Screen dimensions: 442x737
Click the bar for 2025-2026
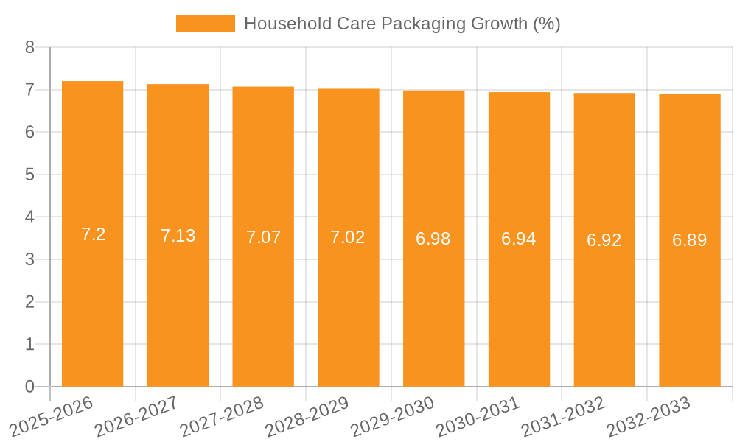(x=92, y=295)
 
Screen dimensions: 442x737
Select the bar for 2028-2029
(x=349, y=295)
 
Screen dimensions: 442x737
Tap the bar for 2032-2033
(x=690, y=295)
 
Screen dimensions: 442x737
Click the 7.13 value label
(x=178, y=236)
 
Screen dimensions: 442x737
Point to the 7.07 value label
(x=263, y=237)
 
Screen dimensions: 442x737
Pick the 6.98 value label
(x=433, y=239)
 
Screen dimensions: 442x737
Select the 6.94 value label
(x=519, y=239)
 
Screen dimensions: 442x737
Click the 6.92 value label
(x=604, y=240)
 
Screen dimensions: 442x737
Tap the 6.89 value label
(x=690, y=240)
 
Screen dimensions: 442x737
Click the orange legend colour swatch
(x=205, y=24)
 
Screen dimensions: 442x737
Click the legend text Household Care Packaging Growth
(x=402, y=24)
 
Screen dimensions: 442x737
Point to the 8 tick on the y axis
(x=29, y=48)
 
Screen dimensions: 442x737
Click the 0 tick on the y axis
(x=29, y=387)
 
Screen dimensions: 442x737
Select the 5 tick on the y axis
(x=29, y=175)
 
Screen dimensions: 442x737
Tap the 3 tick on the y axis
(x=29, y=259)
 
